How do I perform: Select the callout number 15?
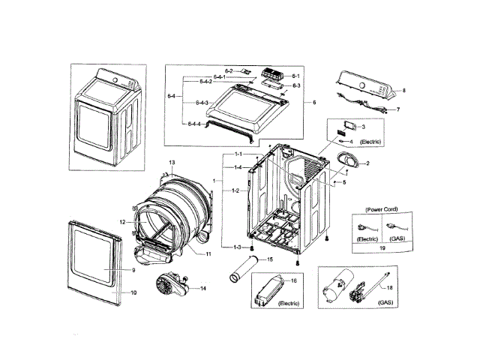click(270, 259)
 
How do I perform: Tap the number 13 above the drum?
click(171, 163)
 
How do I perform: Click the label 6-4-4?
click(193, 124)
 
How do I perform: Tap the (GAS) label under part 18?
click(385, 303)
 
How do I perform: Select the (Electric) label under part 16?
click(289, 303)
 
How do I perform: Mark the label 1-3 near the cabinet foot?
click(237, 247)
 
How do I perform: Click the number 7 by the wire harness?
click(398, 109)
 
